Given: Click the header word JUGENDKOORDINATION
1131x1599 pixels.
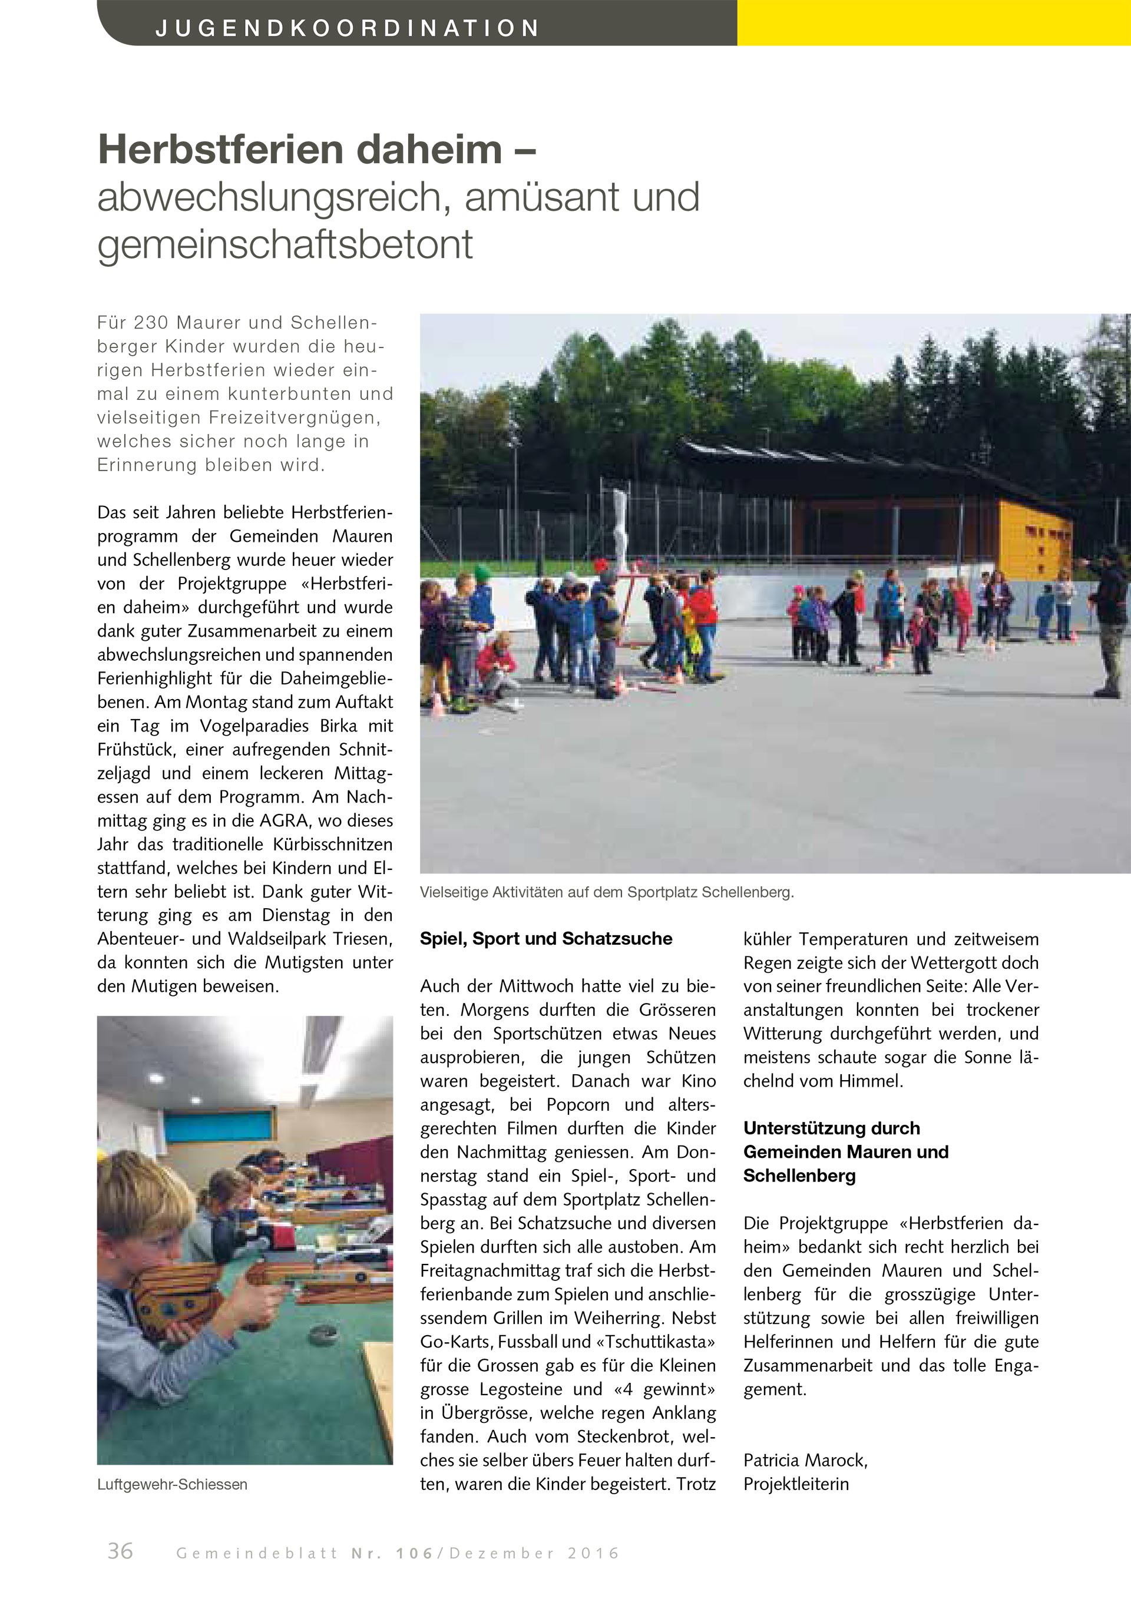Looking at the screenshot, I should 348,28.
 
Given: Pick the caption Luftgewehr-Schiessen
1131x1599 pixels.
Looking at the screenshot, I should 172,1484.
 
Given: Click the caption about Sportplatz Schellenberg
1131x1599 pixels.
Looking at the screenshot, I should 607,892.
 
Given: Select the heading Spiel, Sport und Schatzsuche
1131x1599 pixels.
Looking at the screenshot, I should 546,939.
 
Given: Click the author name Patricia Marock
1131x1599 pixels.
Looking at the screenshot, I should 805,1460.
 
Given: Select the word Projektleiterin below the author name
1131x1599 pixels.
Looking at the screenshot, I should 796,1484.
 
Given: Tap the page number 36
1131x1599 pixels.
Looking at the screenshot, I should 120,1550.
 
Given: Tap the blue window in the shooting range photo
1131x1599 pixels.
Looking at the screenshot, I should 217,1125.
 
